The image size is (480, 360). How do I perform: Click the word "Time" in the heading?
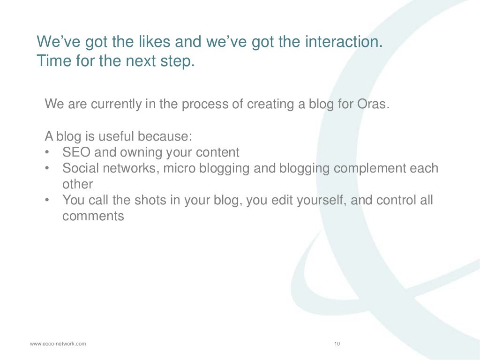pyautogui.click(x=53, y=61)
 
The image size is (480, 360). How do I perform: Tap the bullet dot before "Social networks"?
pyautogui.click(x=47, y=169)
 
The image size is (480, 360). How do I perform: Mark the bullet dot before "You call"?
pyautogui.click(x=47, y=201)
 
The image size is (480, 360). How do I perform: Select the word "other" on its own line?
pyautogui.click(x=78, y=184)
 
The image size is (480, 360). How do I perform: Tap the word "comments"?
pyautogui.click(x=93, y=216)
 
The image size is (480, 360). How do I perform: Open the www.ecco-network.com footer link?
pyautogui.click(x=58, y=344)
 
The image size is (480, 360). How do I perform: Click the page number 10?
pyautogui.click(x=337, y=344)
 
